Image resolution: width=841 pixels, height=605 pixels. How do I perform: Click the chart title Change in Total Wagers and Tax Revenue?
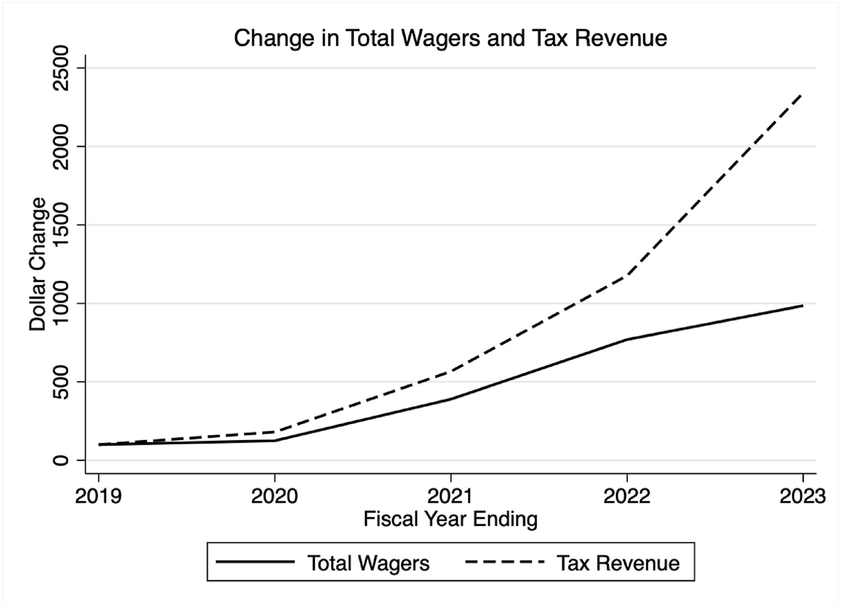[x=450, y=38]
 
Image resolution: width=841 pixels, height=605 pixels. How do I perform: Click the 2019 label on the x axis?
[x=98, y=496]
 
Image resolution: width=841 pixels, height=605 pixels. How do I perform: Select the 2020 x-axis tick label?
[x=274, y=496]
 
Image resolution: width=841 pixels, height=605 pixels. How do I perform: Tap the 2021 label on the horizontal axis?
[x=451, y=496]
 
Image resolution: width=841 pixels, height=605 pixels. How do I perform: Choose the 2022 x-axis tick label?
[x=626, y=496]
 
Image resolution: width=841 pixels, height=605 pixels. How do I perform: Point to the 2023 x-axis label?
[x=802, y=496]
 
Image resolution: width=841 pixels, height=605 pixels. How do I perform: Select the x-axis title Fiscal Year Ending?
[x=450, y=519]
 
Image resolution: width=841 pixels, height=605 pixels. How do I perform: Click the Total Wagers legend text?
[x=368, y=563]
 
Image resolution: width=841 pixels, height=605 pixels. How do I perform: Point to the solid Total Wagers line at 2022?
[x=626, y=340]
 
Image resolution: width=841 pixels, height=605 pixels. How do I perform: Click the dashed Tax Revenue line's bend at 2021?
[x=451, y=371]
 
